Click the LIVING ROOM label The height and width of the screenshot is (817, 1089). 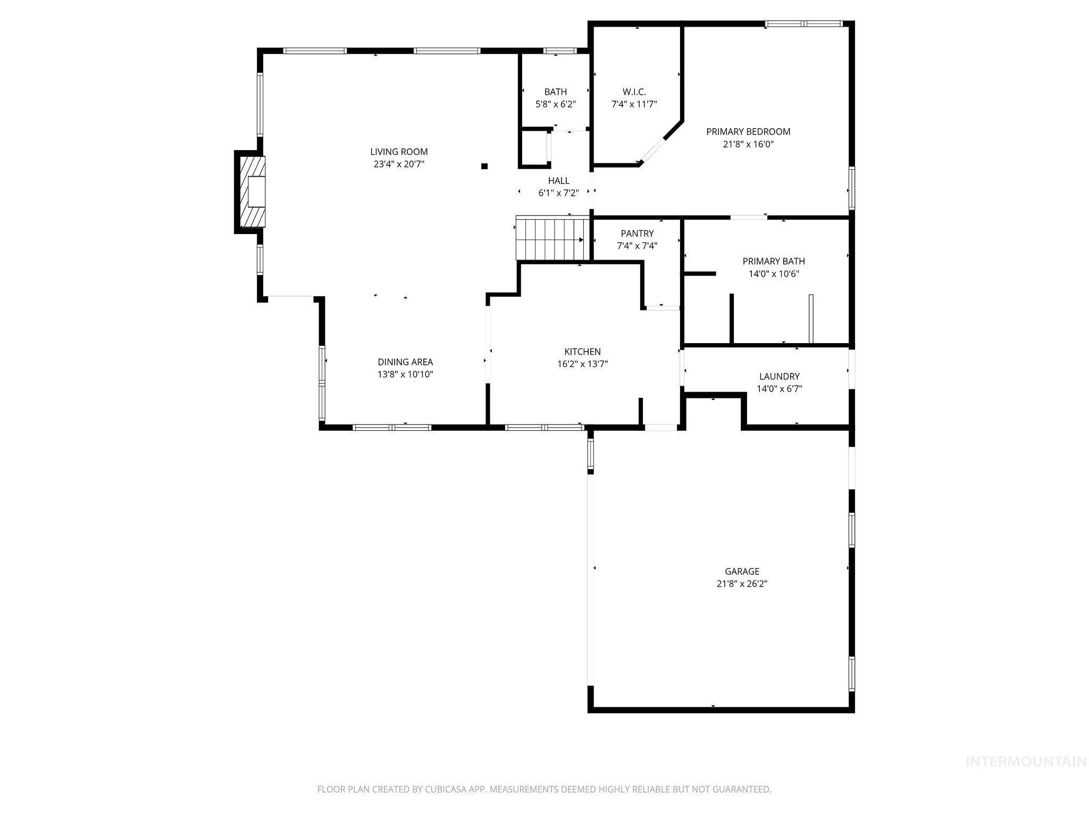(x=399, y=152)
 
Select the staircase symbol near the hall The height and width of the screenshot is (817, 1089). (x=552, y=239)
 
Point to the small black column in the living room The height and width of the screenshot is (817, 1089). (x=484, y=166)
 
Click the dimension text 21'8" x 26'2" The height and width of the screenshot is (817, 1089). (x=742, y=584)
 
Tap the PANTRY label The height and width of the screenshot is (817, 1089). (x=637, y=234)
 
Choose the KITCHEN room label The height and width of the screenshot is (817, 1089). (x=582, y=352)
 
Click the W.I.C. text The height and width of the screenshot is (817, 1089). (x=634, y=92)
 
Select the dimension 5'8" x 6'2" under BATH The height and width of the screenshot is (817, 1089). (x=555, y=105)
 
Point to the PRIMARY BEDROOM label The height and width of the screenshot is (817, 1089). (x=748, y=132)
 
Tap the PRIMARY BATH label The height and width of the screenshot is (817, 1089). (x=774, y=261)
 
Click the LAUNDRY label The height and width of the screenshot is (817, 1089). (x=779, y=377)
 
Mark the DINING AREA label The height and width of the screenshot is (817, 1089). (x=405, y=362)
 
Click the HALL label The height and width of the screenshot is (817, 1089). (x=558, y=181)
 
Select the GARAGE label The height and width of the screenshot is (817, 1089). (x=742, y=571)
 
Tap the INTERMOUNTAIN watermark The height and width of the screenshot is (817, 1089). (x=1026, y=762)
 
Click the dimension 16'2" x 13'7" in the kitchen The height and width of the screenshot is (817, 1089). (x=582, y=364)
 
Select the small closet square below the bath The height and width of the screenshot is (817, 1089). (x=533, y=148)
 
